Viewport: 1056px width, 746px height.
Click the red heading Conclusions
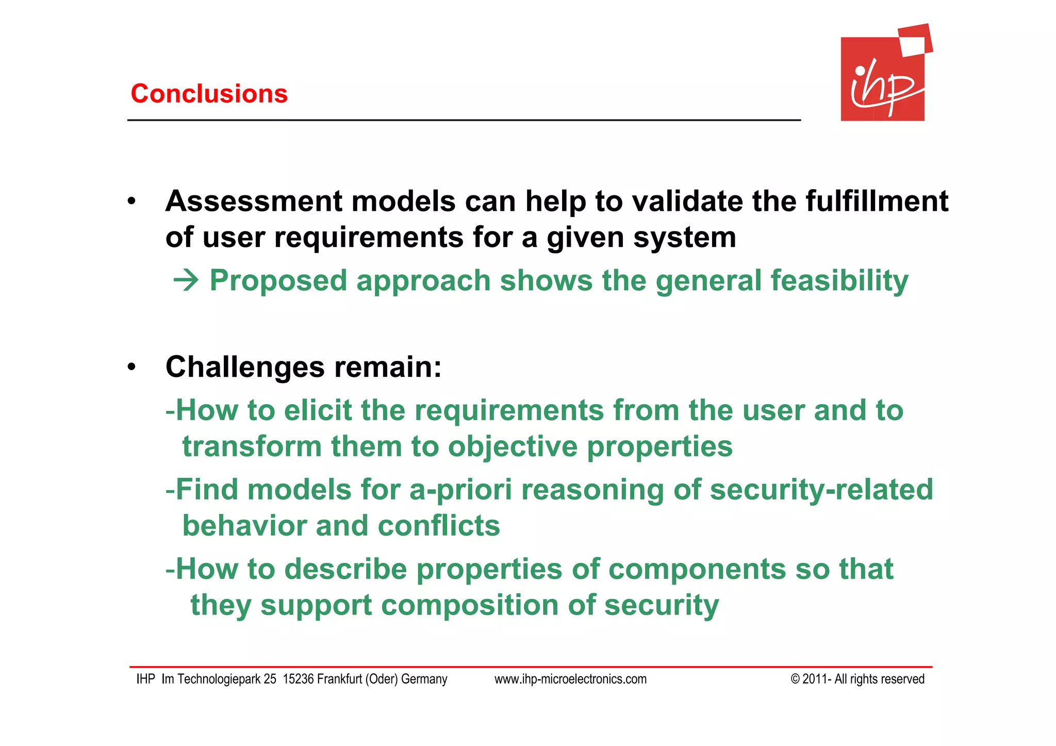[x=209, y=94]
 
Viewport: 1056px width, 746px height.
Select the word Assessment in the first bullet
[x=254, y=201]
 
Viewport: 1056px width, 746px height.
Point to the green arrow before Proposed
[x=186, y=281]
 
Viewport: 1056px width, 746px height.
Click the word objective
[x=513, y=446]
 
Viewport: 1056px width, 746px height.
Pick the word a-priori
[x=460, y=490]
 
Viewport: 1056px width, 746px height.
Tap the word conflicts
[x=439, y=526]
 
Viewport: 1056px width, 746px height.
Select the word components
[x=697, y=569]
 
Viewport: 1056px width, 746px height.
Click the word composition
[x=470, y=605]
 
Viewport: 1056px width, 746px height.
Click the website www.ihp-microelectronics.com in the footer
[x=570, y=679]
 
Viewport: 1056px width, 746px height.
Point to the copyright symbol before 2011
[x=795, y=679]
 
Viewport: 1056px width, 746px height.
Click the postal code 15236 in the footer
[x=299, y=679]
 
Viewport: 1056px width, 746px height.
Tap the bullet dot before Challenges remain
[x=132, y=367]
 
